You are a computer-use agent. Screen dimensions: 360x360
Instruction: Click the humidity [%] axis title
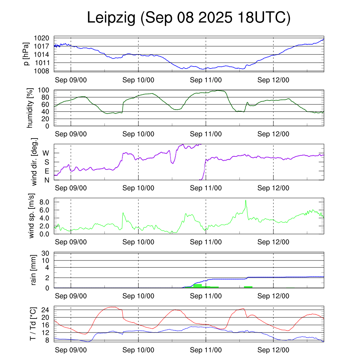30,108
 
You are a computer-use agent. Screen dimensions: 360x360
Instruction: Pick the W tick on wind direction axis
46,153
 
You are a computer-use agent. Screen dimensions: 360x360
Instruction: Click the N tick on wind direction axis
46,180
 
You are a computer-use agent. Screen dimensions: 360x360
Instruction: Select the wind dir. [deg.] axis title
34,162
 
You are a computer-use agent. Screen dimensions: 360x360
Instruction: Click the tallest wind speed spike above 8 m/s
246,200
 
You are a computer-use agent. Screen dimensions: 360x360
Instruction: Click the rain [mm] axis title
34,270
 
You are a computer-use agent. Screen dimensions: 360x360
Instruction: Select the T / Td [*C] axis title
33,324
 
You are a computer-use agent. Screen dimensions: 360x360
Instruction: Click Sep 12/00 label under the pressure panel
273,80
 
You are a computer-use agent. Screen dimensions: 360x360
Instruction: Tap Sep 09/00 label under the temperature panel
71,350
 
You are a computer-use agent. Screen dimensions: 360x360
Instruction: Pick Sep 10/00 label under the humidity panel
138,134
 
